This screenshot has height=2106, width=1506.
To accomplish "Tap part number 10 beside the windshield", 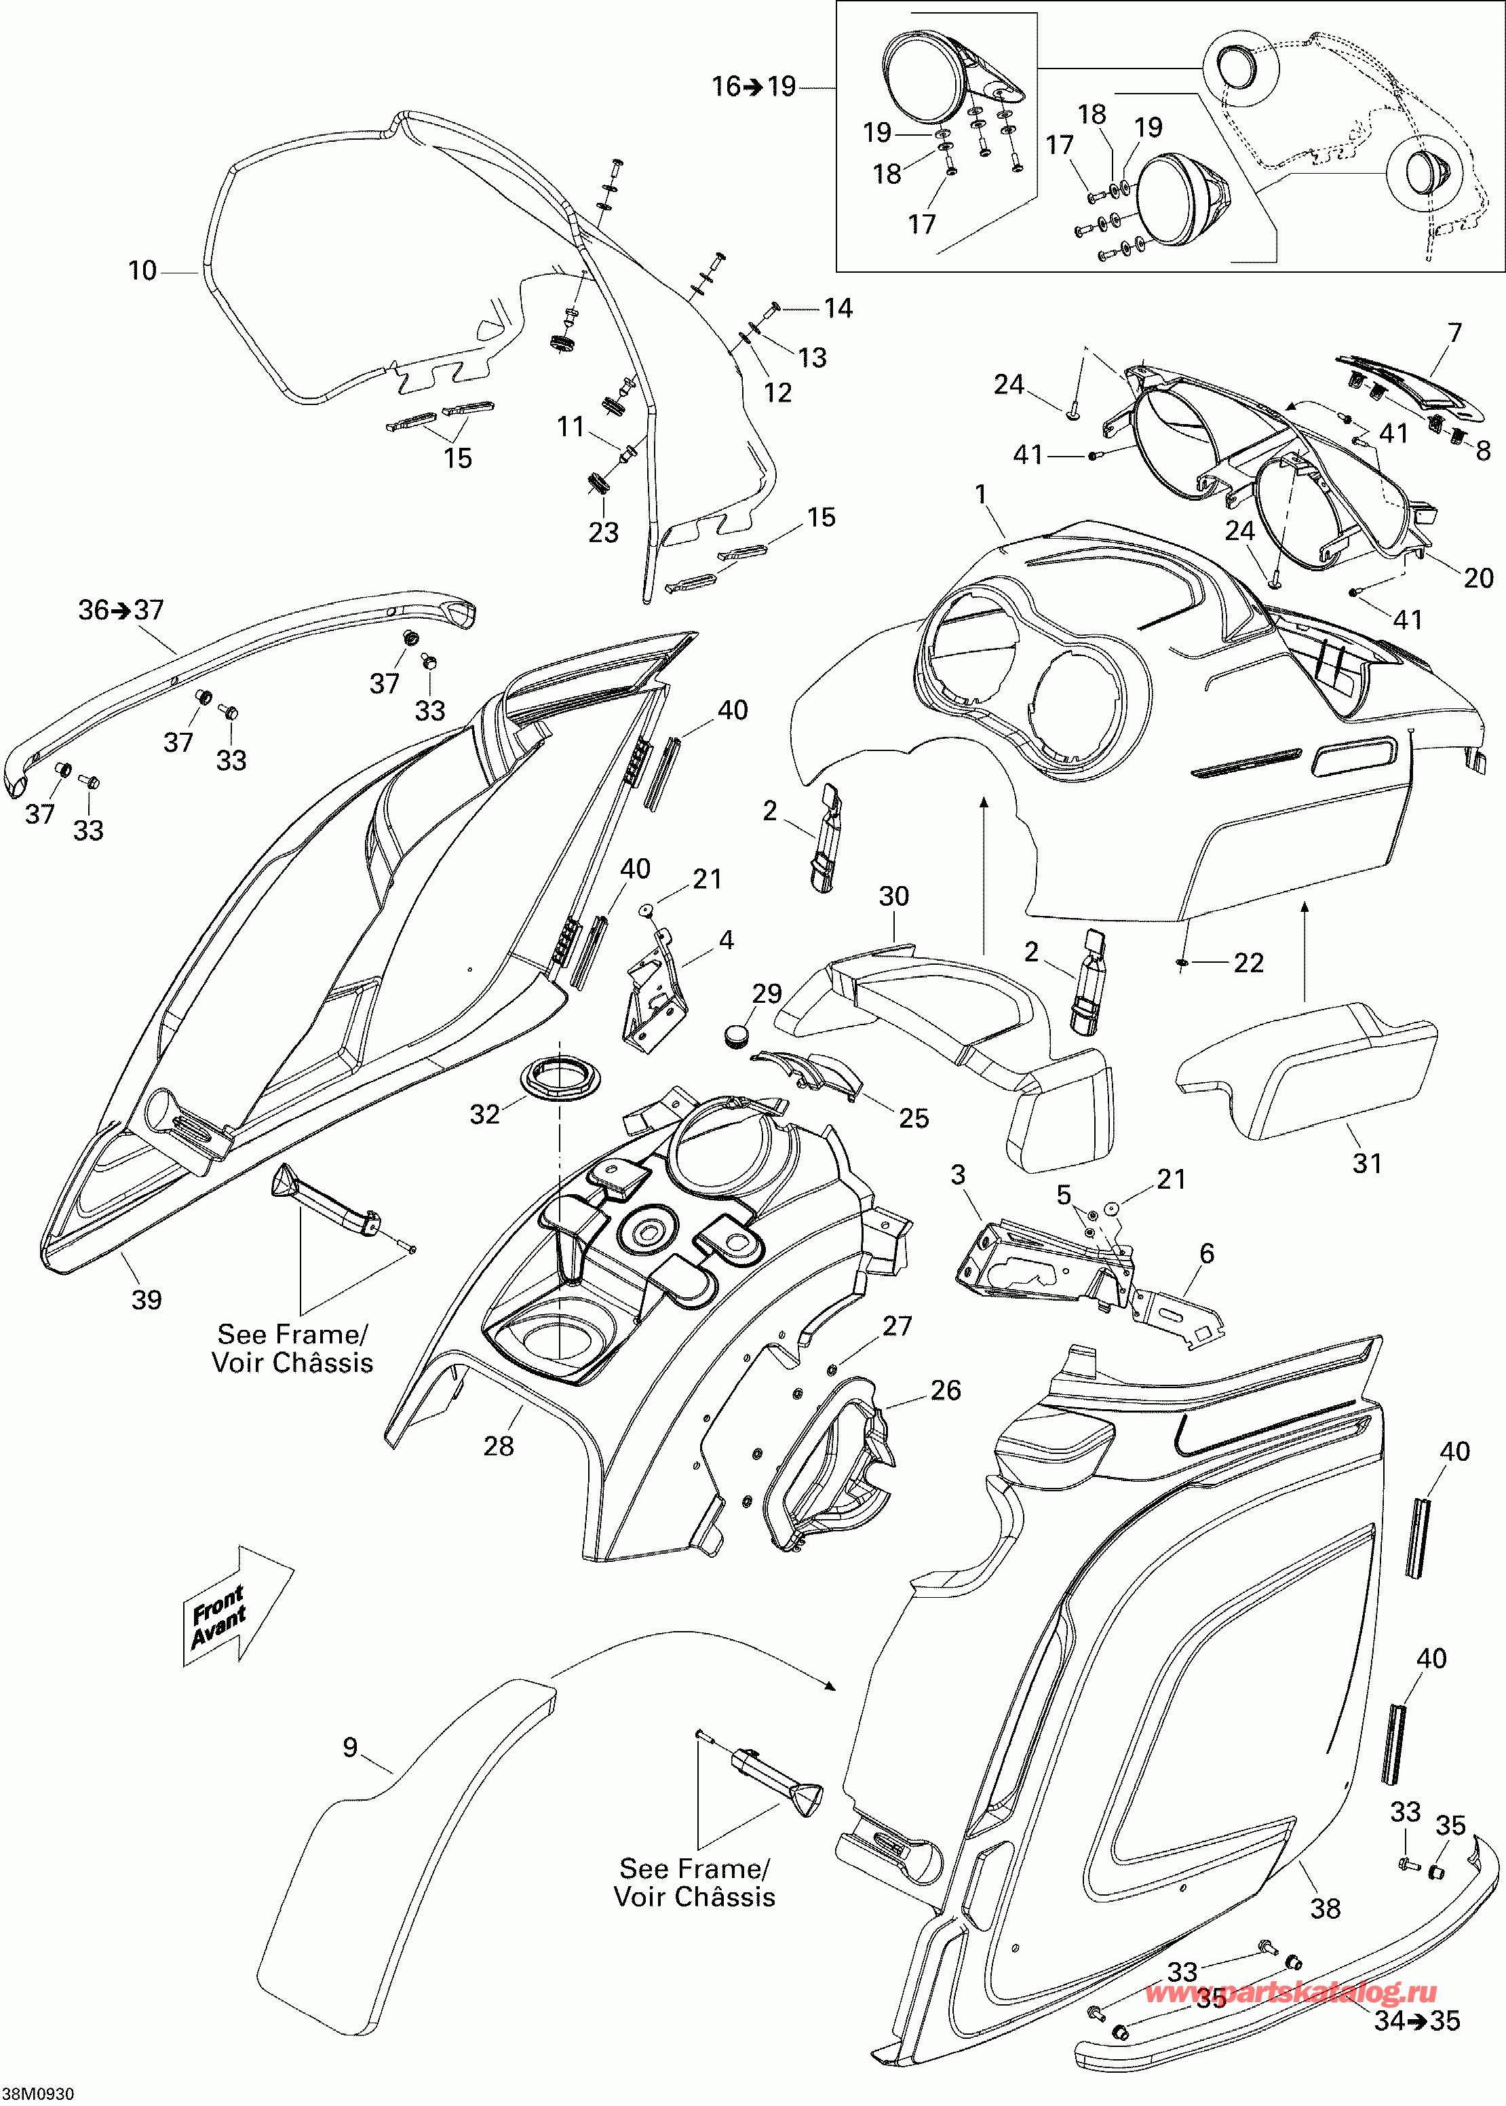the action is click(142, 271).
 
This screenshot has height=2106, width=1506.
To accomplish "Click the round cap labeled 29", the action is click(739, 1033).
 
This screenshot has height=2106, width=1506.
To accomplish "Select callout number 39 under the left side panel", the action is click(147, 1299).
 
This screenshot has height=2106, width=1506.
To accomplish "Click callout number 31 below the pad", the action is click(1367, 1163).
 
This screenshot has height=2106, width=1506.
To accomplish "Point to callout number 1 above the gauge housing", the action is click(981, 495).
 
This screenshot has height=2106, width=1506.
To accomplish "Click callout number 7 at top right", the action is click(1454, 333).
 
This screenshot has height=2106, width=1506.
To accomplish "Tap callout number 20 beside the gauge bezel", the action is click(1478, 578).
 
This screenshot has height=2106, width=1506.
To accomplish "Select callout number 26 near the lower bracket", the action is click(945, 1390).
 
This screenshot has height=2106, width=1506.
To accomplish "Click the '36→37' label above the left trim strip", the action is click(121, 609).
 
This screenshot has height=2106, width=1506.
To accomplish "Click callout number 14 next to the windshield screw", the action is click(838, 308).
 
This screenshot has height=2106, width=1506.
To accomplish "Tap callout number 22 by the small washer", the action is click(1248, 963).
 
